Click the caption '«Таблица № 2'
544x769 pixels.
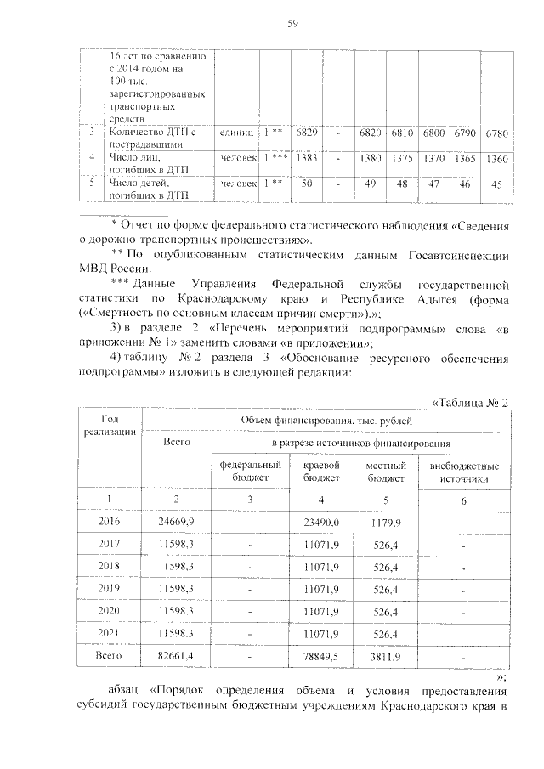pos(470,402)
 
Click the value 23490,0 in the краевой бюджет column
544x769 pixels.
pos(322,522)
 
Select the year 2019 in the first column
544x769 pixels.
pos(110,588)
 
